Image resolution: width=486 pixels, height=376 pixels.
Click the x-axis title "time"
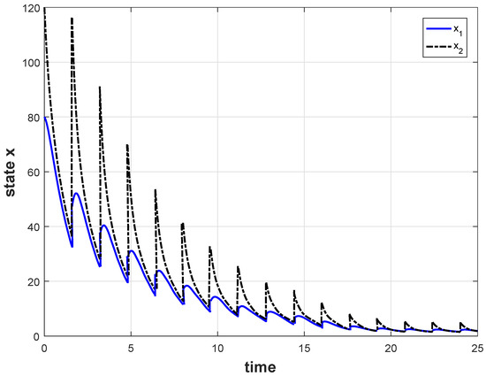pyautogui.click(x=261, y=365)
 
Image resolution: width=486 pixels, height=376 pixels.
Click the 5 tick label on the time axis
pyautogui.click(x=131, y=348)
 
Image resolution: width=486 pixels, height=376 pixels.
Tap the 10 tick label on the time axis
pyautogui.click(x=217, y=348)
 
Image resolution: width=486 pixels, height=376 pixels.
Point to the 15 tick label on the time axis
pyautogui.click(x=304, y=348)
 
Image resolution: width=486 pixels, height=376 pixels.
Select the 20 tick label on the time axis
pyautogui.click(x=391, y=348)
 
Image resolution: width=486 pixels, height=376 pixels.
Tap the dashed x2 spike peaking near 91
pyautogui.click(x=100, y=88)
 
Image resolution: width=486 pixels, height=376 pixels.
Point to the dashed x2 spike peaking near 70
pyautogui.click(x=127, y=145)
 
